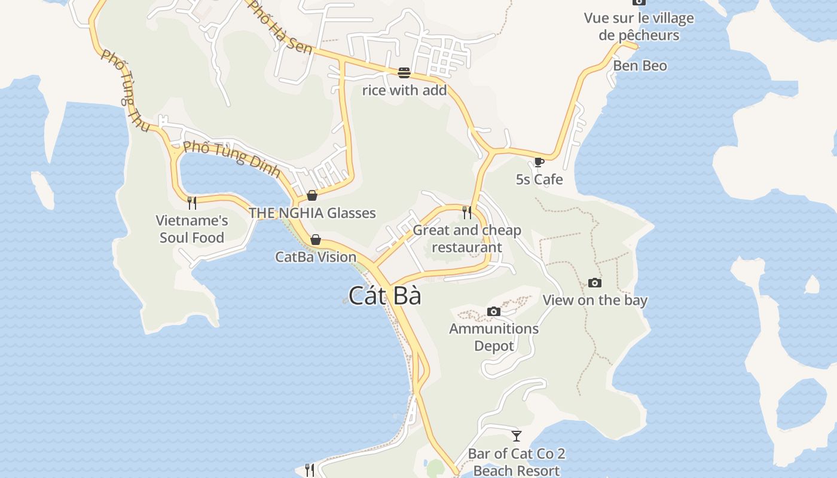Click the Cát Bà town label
click(385, 296)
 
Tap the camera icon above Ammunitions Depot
click(494, 311)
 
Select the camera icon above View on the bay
click(595, 283)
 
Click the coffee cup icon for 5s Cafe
click(539, 161)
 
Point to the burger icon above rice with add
click(404, 73)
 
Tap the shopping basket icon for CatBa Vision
click(316, 240)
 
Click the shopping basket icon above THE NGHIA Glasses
click(311, 195)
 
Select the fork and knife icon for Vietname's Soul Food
click(192, 203)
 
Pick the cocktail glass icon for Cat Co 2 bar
click(517, 436)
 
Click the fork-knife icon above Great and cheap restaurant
click(467, 212)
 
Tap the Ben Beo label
click(640, 66)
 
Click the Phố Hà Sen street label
click(280, 27)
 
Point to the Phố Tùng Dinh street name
click(232, 159)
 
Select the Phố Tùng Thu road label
click(126, 90)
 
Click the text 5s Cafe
click(539, 179)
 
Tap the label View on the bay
click(595, 300)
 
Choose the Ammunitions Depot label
click(494, 337)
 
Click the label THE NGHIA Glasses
click(312, 213)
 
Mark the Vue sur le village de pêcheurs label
click(639, 26)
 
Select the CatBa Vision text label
click(316, 257)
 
